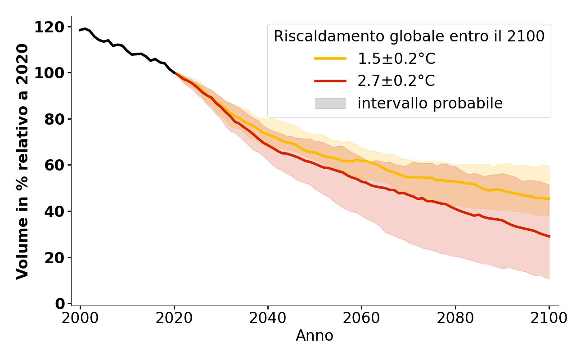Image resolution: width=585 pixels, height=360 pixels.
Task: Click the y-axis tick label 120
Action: (49, 27)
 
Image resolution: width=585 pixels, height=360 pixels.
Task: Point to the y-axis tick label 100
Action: (49, 73)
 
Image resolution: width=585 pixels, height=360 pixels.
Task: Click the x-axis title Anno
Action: (315, 336)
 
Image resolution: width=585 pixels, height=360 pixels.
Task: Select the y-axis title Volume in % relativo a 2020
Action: (22, 161)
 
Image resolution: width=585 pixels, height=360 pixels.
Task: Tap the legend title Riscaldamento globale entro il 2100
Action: (409, 36)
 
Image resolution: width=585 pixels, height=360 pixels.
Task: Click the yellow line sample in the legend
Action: (330, 58)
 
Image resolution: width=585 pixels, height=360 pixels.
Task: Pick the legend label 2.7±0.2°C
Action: (396, 81)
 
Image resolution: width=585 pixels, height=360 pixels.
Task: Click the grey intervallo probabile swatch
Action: (330, 103)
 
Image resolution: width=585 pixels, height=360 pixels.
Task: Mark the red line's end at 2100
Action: (549, 236)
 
